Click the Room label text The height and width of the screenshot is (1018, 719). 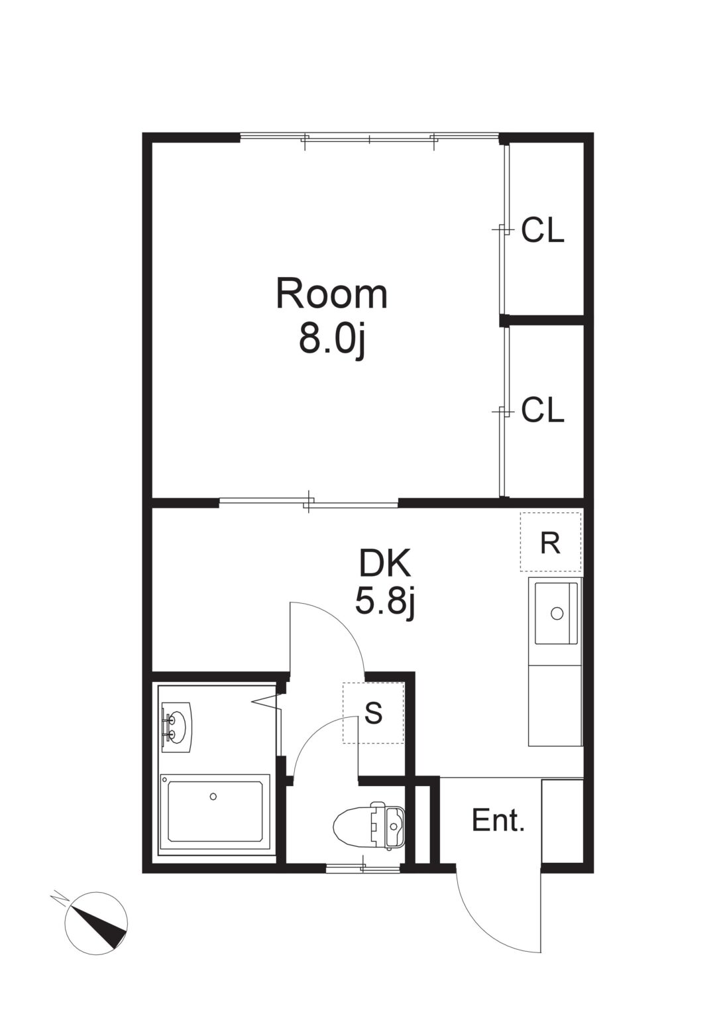point(332,296)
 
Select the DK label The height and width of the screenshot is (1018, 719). point(384,565)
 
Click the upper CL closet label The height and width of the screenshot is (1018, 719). point(542,230)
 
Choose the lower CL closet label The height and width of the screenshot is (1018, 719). point(542,410)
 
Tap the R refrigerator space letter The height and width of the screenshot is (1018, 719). point(550,543)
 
